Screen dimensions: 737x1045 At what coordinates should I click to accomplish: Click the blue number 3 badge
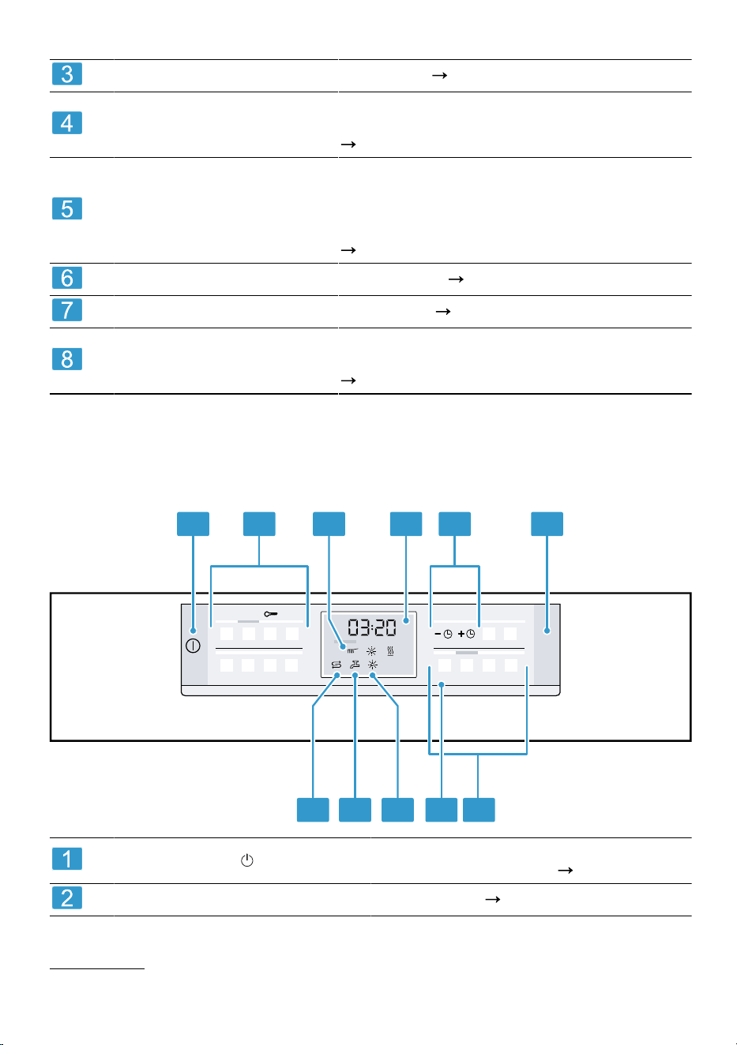pyautogui.click(x=67, y=73)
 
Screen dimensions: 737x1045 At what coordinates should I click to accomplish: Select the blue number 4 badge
pyautogui.click(x=67, y=122)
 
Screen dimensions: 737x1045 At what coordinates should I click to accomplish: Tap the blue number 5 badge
pyautogui.click(x=67, y=208)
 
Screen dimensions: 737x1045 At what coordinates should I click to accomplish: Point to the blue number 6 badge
pyautogui.click(x=67, y=278)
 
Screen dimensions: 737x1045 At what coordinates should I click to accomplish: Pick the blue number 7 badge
pyautogui.click(x=67, y=309)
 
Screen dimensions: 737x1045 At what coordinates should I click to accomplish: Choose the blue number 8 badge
pyautogui.click(x=67, y=359)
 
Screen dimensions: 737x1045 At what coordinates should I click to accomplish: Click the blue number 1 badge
pyautogui.click(x=67, y=859)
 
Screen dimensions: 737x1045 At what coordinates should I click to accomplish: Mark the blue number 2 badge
pyautogui.click(x=67, y=897)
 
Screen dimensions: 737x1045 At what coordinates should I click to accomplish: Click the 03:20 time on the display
pyautogui.click(x=372, y=627)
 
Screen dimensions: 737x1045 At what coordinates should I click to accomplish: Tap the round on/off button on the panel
pyautogui.click(x=193, y=646)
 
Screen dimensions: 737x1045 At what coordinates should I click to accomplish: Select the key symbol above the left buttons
pyautogui.click(x=271, y=614)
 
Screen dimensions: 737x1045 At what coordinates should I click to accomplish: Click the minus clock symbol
pyautogui.click(x=443, y=634)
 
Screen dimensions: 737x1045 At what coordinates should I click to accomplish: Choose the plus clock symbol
pyautogui.click(x=466, y=634)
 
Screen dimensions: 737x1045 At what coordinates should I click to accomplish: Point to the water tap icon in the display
pyautogui.click(x=355, y=665)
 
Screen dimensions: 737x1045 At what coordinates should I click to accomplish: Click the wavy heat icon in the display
pyautogui.click(x=390, y=651)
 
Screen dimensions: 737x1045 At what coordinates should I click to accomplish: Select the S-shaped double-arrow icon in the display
pyautogui.click(x=337, y=665)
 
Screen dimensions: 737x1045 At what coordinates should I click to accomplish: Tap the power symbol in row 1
pyautogui.click(x=247, y=860)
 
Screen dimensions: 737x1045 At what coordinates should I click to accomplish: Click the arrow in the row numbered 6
pyautogui.click(x=456, y=279)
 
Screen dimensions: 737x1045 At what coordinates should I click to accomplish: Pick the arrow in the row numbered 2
pyautogui.click(x=493, y=899)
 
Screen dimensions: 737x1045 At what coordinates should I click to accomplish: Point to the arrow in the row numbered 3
pyautogui.click(x=439, y=75)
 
